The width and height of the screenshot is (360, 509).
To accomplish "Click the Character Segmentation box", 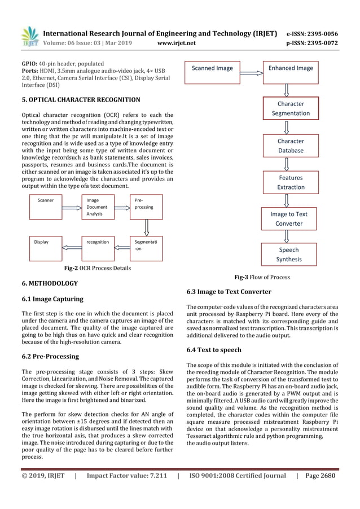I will click(291, 108).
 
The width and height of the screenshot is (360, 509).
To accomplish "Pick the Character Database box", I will click(291, 146).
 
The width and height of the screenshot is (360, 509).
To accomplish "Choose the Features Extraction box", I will click(291, 182).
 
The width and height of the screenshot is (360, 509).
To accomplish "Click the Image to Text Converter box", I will click(289, 219).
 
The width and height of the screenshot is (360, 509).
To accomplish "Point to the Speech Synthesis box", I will click(289, 254).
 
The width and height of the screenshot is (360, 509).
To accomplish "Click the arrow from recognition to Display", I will click(72, 247).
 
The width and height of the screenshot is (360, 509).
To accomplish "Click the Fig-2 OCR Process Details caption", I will click(97, 268).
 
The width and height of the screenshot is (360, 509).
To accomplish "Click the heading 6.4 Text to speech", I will click(214, 350).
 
